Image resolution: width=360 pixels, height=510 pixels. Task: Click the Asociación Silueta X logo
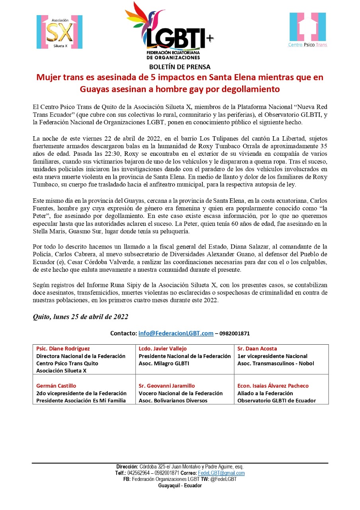point(59,32)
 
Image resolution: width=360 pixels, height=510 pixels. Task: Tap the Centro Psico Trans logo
point(307,29)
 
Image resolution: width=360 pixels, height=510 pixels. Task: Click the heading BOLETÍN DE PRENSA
point(180,67)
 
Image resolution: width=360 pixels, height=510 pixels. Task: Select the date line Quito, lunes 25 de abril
point(80,317)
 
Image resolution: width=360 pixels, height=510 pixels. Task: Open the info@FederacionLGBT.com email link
point(176,333)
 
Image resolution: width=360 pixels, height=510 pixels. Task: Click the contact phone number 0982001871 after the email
point(235,333)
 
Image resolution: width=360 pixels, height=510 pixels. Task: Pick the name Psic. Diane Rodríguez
point(63,349)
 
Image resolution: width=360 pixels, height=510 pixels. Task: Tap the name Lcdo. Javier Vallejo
point(162,349)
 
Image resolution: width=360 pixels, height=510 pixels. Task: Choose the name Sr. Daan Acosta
point(257,349)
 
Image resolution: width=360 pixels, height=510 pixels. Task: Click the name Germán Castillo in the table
point(56,386)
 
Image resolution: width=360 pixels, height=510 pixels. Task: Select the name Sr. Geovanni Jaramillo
point(167,386)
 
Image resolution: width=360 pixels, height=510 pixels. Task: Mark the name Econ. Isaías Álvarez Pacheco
point(273,386)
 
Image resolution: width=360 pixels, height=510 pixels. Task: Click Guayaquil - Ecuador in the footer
point(180,486)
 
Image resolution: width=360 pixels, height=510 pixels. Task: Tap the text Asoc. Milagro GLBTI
point(164,363)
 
